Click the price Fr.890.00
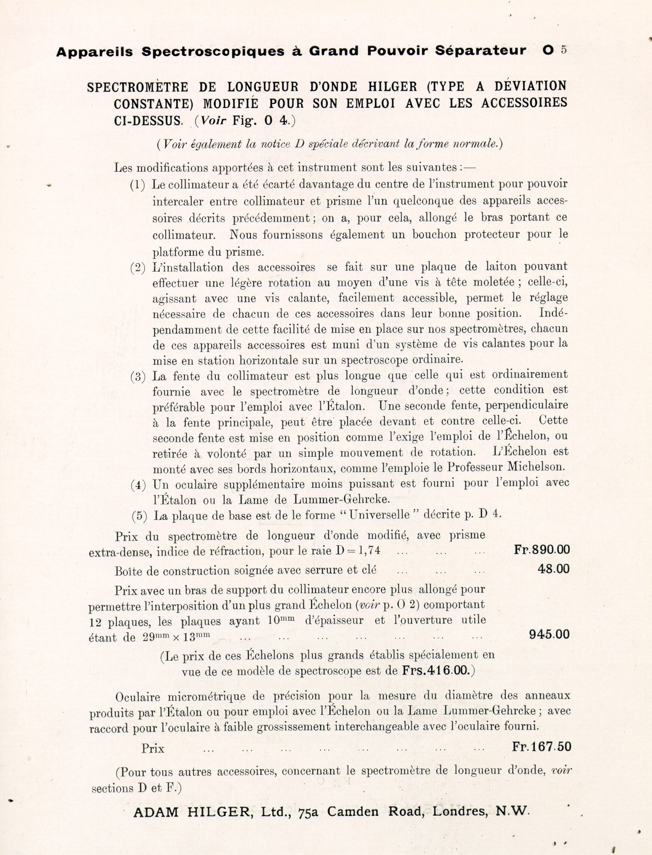tap(541, 550)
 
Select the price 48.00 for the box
tap(553, 569)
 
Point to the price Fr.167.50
tap(541, 746)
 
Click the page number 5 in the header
tap(564, 50)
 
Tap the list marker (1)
tap(137, 185)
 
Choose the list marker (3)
tap(138, 377)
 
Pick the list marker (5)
tap(139, 516)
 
